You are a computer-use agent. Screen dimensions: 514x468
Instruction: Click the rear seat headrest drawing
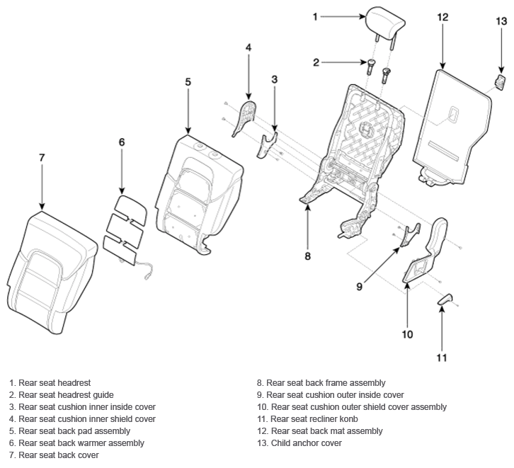(386, 23)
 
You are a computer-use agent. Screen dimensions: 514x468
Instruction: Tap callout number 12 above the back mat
(442, 17)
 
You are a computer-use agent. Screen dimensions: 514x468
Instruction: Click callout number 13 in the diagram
(501, 21)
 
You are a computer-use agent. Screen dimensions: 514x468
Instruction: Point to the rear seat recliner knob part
(445, 299)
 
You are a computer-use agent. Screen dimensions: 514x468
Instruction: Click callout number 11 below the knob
(442, 358)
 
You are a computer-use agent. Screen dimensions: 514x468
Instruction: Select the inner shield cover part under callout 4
(244, 118)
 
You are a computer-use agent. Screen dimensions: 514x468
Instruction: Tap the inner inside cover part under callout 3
(267, 146)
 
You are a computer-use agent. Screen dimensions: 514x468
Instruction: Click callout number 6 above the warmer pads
(122, 142)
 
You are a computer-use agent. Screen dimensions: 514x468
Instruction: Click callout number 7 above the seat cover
(42, 158)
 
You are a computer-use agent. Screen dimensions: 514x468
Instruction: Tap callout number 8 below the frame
(307, 256)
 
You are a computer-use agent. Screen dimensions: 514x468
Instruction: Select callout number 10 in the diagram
(407, 334)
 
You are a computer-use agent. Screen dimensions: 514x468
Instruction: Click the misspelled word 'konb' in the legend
(349, 419)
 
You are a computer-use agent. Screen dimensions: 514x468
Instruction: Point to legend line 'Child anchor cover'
(299, 443)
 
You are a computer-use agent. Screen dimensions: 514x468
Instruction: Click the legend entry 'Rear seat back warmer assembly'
(76, 443)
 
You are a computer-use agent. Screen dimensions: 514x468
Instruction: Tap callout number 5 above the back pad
(188, 82)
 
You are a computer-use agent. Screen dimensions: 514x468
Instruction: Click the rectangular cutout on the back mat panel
(454, 114)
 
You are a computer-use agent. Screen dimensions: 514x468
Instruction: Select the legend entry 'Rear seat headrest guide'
(62, 395)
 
